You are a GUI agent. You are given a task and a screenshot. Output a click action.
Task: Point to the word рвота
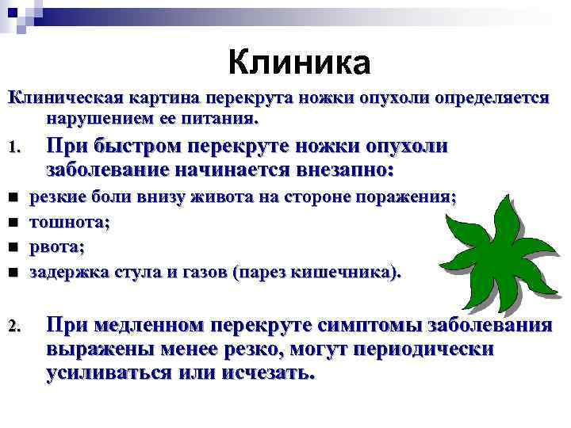[56, 247]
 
